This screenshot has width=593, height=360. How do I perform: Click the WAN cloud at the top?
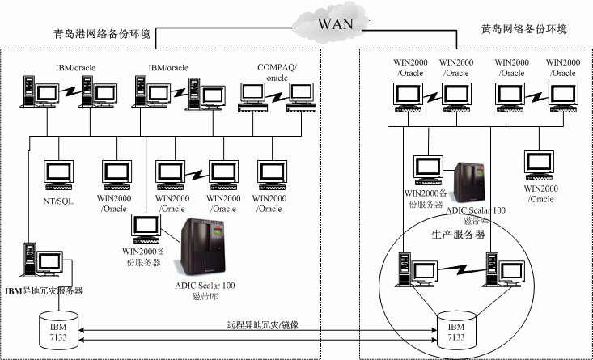[335, 21]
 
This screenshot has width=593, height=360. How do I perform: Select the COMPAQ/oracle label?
[277, 73]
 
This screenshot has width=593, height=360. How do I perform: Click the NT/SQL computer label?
[58, 201]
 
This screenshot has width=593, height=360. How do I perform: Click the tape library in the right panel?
[472, 183]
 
